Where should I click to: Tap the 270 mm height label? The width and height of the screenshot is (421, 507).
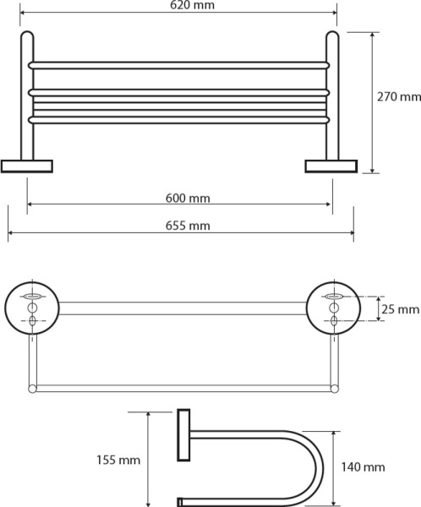coord(397,96)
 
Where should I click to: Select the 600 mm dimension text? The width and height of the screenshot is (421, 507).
coord(188,199)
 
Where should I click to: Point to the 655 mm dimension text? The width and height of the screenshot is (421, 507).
coord(188,226)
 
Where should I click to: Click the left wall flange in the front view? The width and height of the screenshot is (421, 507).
coord(27,164)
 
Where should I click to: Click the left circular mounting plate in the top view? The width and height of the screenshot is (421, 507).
coord(32,307)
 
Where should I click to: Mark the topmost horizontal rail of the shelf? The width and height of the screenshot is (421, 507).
coord(179,64)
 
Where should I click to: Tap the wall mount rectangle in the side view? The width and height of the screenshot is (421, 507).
coord(183,437)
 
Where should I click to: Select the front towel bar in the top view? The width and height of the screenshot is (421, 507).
coord(182,390)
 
